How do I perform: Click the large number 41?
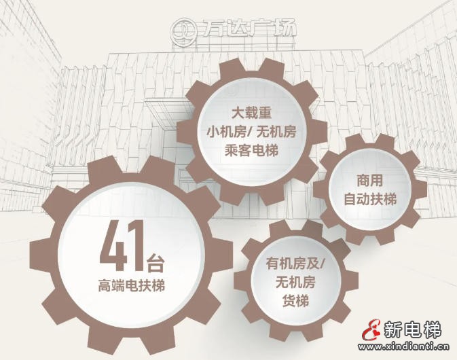(x=122, y=247)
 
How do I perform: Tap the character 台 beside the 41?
(x=156, y=263)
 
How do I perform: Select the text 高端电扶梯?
(x=132, y=285)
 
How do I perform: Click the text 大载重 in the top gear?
(x=251, y=113)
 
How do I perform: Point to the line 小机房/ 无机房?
(x=251, y=132)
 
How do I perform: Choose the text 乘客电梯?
(x=251, y=150)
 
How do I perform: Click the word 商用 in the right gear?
(x=370, y=181)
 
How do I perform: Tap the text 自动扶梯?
(x=370, y=200)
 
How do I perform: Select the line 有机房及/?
(x=295, y=264)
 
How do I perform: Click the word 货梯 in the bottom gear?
(x=295, y=301)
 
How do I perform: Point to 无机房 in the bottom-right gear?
(x=295, y=282)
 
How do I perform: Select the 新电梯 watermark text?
(x=412, y=329)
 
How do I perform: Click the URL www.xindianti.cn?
(x=404, y=347)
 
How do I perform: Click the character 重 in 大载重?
(x=266, y=113)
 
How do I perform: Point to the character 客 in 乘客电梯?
(x=245, y=150)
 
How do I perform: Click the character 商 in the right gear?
(x=363, y=181)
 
